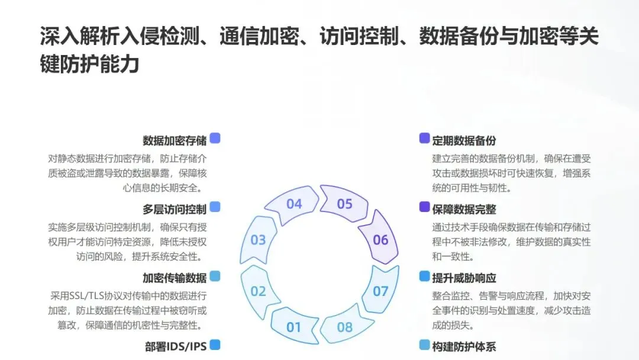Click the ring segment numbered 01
click(294, 327)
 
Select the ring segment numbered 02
click(259, 291)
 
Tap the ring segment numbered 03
click(259, 240)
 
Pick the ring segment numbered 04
click(294, 204)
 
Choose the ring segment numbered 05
click(344, 204)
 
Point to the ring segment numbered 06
click(380, 240)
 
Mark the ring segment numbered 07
click(380, 291)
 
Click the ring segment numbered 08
click(344, 327)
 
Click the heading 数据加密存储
click(175, 140)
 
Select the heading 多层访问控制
click(175, 209)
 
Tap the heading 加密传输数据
click(175, 278)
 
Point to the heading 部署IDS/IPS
click(176, 346)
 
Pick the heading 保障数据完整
click(464, 209)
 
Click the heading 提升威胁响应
click(464, 278)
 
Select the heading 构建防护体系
click(464, 346)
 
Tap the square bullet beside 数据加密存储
click(215, 138)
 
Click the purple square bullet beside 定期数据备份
click(424, 138)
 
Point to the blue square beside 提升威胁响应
click(424, 276)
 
